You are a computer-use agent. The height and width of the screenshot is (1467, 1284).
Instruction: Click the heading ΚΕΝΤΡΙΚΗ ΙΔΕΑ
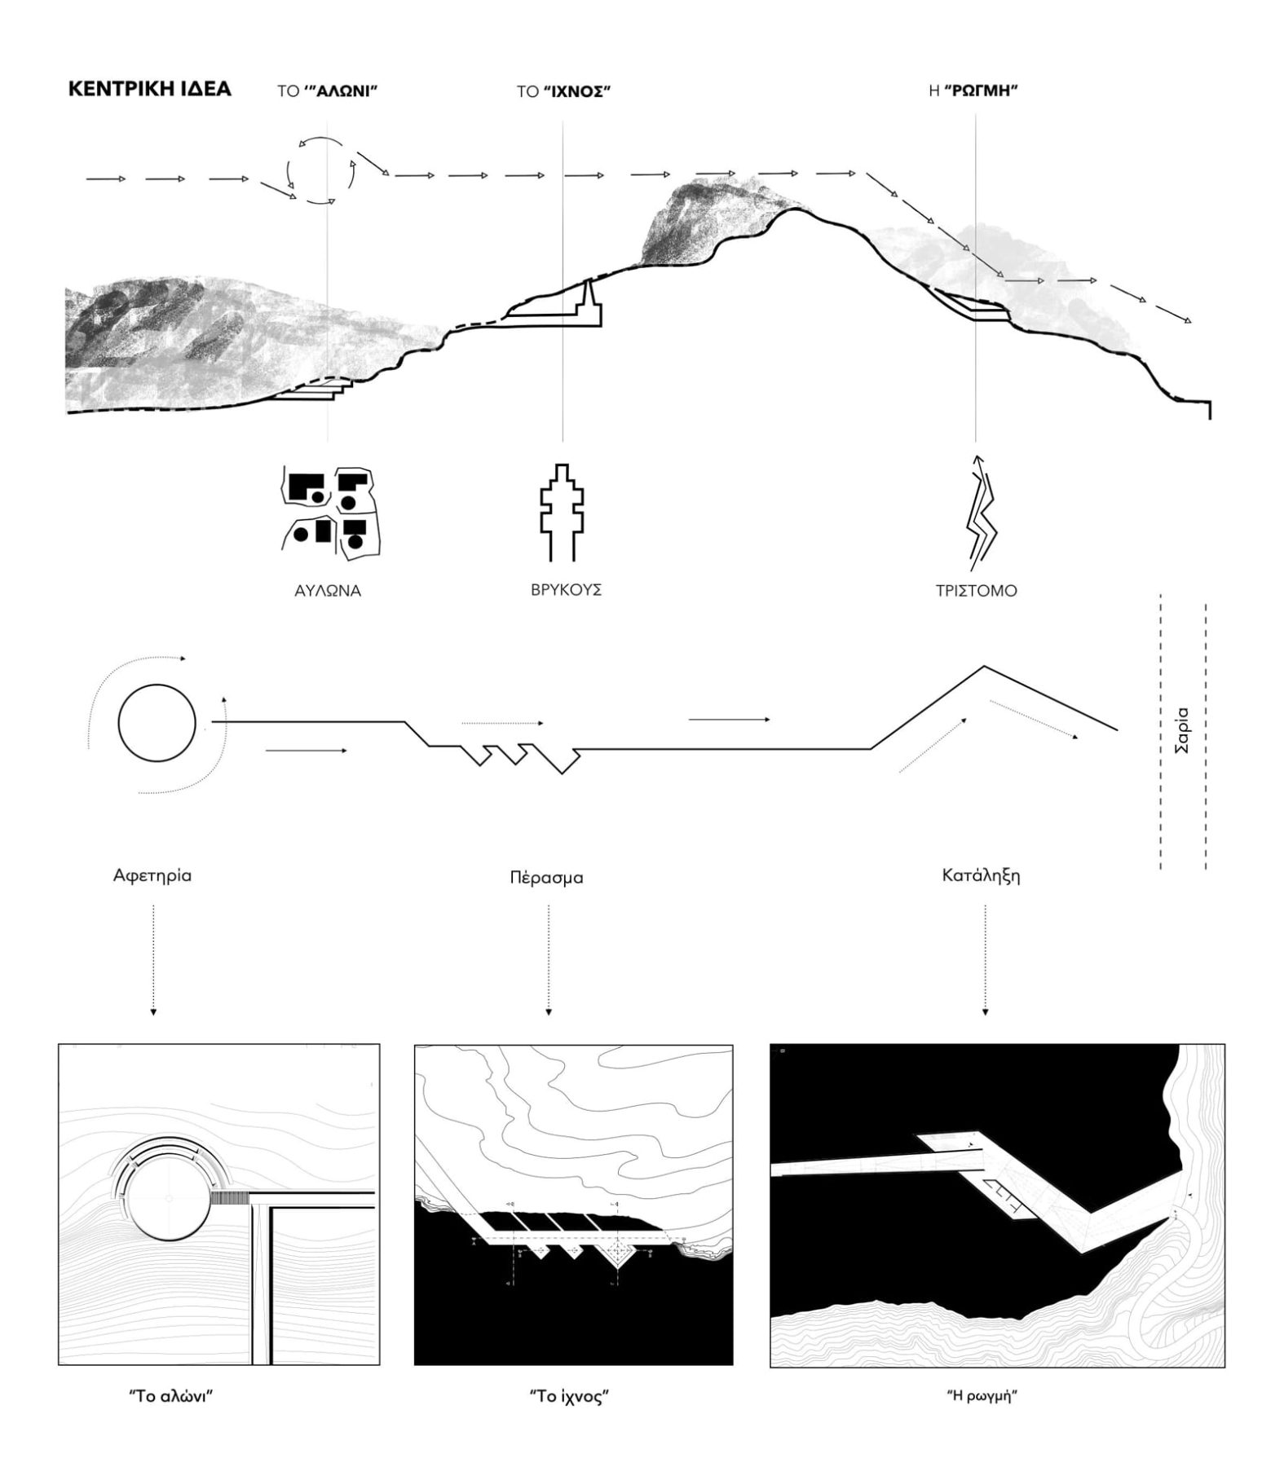(149, 89)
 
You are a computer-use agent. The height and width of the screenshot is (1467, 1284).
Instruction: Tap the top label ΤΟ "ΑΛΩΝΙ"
(327, 90)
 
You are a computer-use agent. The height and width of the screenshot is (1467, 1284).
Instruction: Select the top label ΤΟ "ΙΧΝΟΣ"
(563, 90)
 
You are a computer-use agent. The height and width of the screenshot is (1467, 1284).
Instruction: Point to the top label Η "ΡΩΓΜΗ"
(973, 90)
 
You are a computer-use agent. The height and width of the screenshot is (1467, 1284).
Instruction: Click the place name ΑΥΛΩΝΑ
(328, 591)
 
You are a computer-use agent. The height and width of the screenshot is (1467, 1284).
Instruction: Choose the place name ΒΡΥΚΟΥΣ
(566, 589)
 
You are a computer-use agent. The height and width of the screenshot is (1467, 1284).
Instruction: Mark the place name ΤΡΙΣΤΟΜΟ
(976, 591)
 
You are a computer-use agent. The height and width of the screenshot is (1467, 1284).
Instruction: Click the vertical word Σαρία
(1182, 729)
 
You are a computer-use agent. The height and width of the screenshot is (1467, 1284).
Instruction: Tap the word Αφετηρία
(152, 875)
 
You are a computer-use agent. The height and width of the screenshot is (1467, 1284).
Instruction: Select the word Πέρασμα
(546, 878)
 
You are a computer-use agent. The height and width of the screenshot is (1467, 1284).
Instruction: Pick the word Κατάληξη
(981, 876)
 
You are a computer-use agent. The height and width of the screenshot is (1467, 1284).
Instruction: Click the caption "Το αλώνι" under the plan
(171, 1394)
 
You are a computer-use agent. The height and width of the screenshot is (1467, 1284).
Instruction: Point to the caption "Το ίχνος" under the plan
(570, 1396)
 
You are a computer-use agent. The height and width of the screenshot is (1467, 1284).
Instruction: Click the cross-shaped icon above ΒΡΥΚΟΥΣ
(562, 513)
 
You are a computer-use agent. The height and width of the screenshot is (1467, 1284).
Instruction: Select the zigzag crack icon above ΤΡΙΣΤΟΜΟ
(981, 513)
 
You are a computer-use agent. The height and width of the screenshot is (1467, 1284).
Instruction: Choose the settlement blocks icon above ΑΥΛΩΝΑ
(332, 513)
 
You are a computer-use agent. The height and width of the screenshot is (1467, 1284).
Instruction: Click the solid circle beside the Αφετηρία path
(157, 723)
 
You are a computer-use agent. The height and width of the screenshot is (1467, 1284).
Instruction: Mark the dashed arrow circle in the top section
(321, 170)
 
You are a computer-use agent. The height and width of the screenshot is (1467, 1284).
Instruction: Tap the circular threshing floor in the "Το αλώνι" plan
(169, 1197)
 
